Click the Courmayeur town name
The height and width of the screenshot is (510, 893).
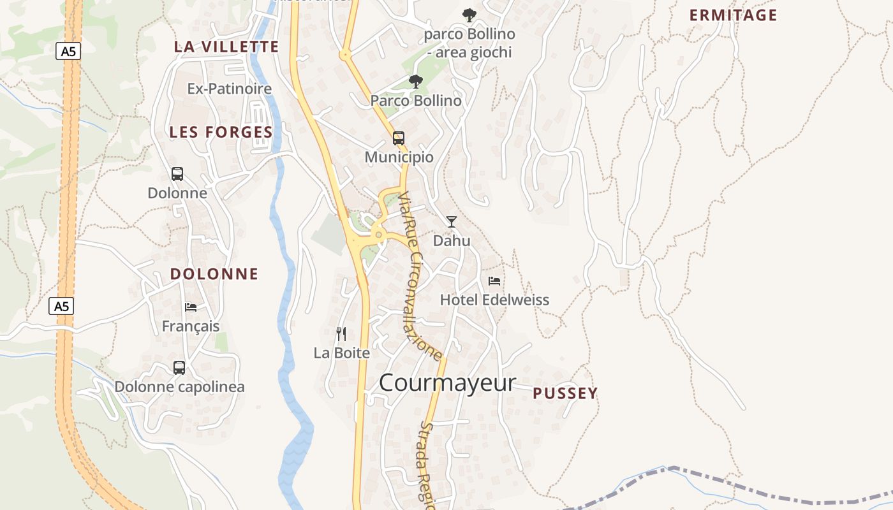click(x=447, y=383)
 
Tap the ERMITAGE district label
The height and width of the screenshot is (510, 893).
click(x=733, y=15)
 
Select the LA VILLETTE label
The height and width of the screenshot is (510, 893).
click(x=226, y=47)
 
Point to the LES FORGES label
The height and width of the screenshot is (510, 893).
click(x=221, y=132)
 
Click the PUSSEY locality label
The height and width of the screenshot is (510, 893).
click(x=565, y=393)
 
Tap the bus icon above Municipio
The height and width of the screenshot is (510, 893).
click(x=399, y=138)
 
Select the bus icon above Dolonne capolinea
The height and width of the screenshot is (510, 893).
click(x=179, y=368)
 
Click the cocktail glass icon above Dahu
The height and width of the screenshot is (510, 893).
click(x=452, y=222)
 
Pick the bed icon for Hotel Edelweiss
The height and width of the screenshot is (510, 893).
click(x=494, y=281)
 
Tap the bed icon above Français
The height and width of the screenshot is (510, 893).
click(x=191, y=307)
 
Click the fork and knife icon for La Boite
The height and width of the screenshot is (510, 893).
click(x=341, y=333)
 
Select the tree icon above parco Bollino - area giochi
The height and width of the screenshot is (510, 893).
click(x=469, y=15)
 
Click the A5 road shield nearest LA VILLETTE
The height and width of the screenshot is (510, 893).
click(x=68, y=51)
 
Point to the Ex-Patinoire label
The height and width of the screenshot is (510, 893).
click(x=230, y=89)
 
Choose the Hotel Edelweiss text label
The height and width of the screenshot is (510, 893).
click(x=494, y=300)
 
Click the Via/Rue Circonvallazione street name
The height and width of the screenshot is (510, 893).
click(x=419, y=275)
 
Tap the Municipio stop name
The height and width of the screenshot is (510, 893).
click(x=399, y=157)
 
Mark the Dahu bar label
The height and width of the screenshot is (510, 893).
click(x=452, y=240)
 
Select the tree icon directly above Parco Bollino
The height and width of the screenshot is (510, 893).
click(x=416, y=82)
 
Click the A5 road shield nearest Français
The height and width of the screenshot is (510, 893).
click(x=61, y=306)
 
